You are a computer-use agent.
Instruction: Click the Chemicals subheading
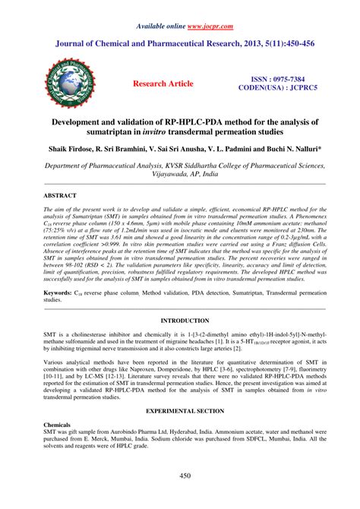tap(57, 424)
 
